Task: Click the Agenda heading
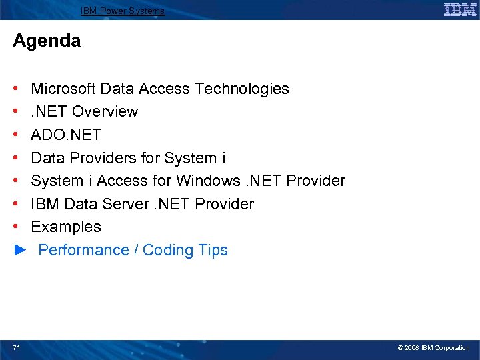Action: (47, 41)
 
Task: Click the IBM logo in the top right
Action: (460, 9)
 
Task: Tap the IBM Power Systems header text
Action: (123, 11)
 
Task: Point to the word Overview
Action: (105, 111)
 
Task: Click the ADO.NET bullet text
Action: (66, 135)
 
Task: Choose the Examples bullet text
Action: (66, 227)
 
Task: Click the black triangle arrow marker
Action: (21, 250)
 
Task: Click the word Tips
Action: (213, 250)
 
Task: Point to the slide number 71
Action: (17, 347)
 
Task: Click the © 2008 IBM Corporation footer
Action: (433, 348)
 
